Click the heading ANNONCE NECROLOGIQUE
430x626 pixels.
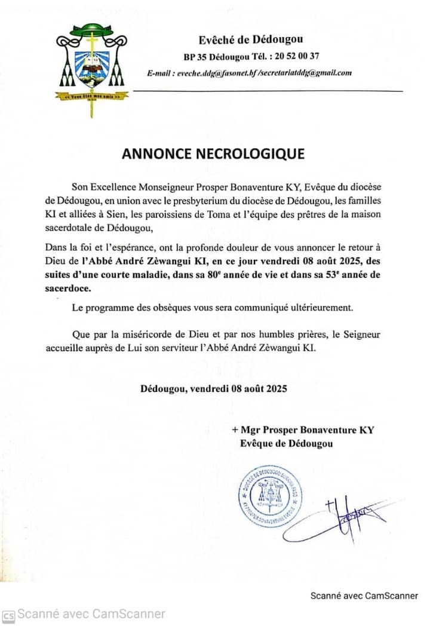[213, 154]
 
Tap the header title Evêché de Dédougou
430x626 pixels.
[251, 40]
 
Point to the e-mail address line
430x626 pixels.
[249, 73]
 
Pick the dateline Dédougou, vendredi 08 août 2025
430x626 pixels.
[214, 388]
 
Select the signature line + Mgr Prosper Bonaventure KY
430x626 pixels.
[303, 430]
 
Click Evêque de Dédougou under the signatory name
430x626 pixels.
[287, 443]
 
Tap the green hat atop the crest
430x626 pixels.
[92, 29]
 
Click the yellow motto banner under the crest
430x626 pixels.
[89, 96]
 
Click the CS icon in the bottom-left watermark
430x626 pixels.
[8, 615]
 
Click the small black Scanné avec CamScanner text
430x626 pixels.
[366, 596]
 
